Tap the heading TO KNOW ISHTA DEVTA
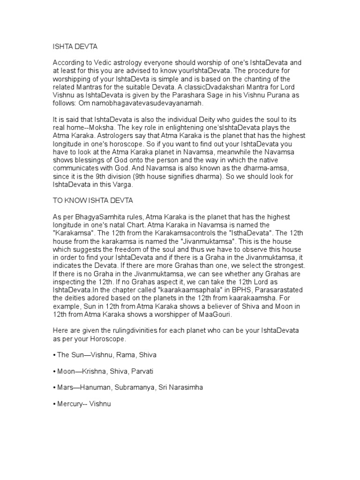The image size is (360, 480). pyautogui.click(x=93, y=200)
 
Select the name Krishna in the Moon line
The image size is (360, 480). pyautogui.click(x=97, y=371)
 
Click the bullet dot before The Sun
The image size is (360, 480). pyautogui.click(x=54, y=355)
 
